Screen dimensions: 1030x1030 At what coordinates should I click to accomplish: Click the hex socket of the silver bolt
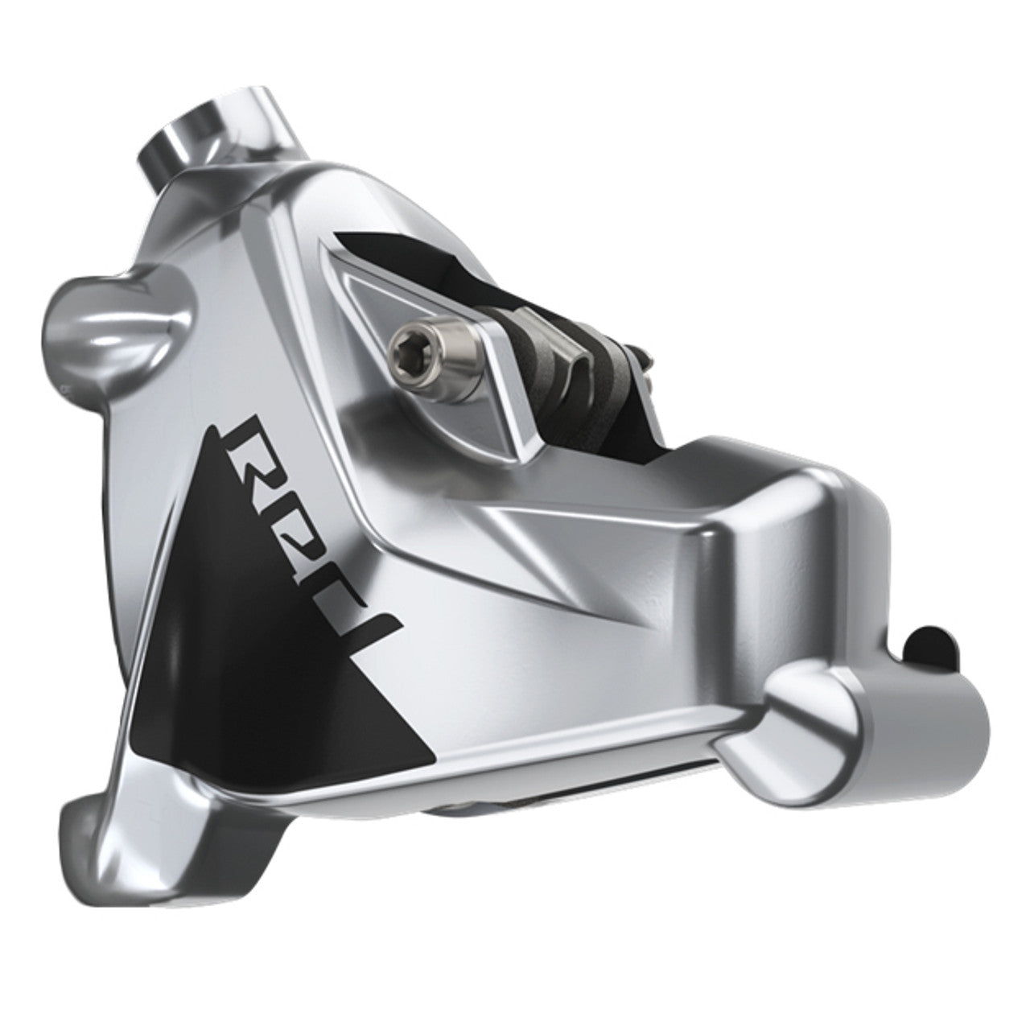400,349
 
